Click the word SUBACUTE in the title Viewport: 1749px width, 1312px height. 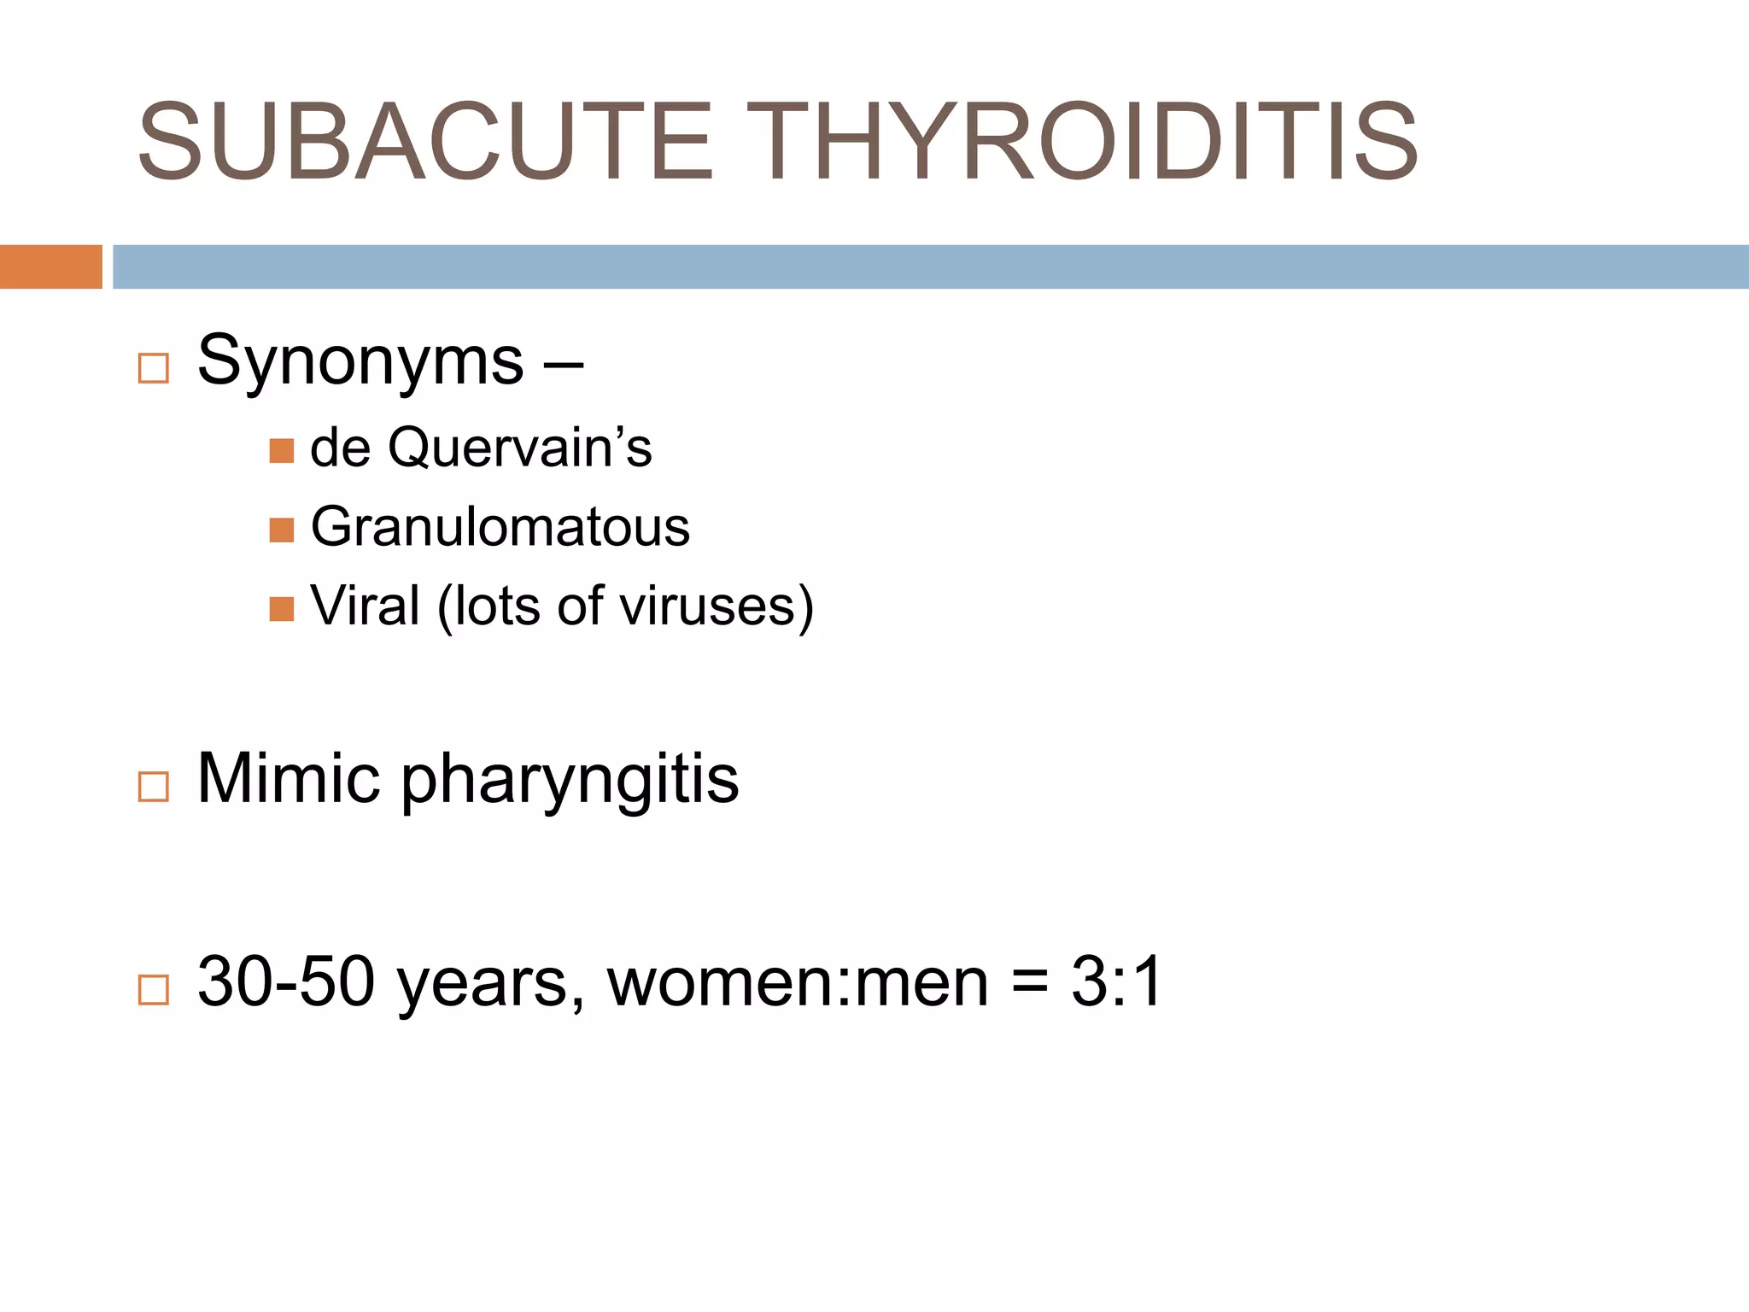[x=424, y=142]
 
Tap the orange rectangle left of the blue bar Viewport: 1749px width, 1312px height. [x=50, y=266]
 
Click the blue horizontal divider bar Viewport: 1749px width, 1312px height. [x=930, y=266]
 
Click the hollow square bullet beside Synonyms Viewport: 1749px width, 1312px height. [x=154, y=369]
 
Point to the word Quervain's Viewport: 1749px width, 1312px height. [x=519, y=448]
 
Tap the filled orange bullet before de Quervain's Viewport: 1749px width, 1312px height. [x=281, y=451]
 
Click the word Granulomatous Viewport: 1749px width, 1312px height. [x=500, y=526]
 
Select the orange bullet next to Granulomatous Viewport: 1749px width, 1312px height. [x=281, y=530]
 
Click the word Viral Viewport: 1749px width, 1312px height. [x=365, y=606]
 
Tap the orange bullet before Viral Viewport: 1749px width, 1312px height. [x=281, y=609]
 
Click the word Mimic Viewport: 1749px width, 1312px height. [x=288, y=778]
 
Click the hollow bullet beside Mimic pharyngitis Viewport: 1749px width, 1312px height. [x=154, y=787]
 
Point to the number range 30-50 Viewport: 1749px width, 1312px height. [x=285, y=982]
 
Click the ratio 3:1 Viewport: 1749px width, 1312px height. [x=1117, y=982]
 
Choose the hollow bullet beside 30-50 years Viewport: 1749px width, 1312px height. [x=154, y=990]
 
